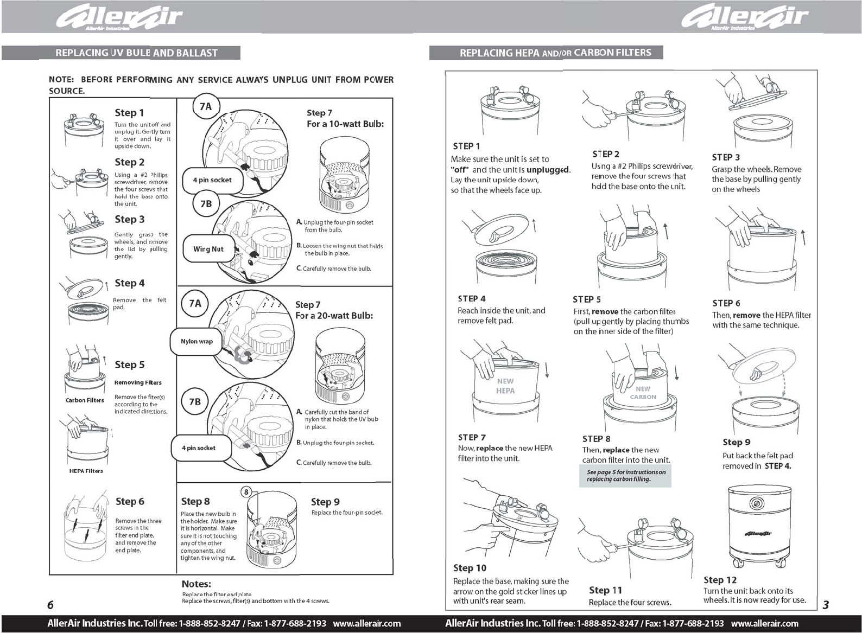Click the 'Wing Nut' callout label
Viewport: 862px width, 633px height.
(208, 249)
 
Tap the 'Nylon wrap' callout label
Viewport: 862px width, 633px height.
(197, 342)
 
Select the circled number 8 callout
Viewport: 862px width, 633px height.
(246, 492)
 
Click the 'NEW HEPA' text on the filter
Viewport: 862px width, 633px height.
(505, 386)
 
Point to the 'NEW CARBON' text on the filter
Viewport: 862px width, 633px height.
(643, 393)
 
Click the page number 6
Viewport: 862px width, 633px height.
(50, 605)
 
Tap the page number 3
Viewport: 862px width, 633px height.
(826, 605)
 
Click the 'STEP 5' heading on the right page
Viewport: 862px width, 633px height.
(587, 299)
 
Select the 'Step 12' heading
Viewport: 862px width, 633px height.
(720, 580)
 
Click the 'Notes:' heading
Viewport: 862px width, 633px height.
(197, 584)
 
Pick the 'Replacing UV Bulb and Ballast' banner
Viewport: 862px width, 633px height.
(121, 53)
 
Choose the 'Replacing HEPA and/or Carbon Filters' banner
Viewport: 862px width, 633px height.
(546, 53)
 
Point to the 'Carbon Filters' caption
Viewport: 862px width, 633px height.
(85, 400)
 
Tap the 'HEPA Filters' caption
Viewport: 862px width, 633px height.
(86, 471)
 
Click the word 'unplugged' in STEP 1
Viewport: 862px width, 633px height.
(548, 170)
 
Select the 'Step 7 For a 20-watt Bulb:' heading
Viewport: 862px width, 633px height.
(334, 310)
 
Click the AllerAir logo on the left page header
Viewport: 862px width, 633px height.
(120, 18)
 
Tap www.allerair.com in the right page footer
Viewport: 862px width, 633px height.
(764, 623)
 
